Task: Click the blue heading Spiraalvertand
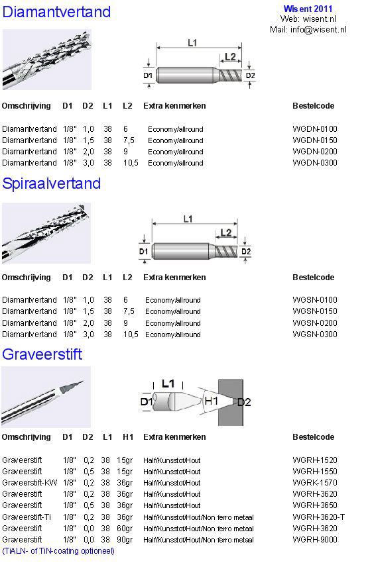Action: coord(52,183)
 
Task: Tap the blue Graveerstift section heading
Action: coord(42,354)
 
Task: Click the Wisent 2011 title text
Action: coord(308,9)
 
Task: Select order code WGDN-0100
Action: coord(315,129)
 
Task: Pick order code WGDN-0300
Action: coord(315,163)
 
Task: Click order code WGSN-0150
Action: coord(315,311)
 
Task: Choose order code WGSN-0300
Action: coord(315,334)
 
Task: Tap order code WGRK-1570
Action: coord(315,483)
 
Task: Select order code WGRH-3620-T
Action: coord(318,517)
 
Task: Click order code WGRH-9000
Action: coord(315,539)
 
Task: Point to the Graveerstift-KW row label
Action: coord(29,483)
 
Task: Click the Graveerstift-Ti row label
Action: coord(27,517)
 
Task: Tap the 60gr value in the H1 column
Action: coord(125,528)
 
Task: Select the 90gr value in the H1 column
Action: coord(125,539)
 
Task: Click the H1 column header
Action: coord(128,437)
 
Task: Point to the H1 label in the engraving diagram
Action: coord(211,401)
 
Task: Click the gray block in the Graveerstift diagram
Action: coord(231,403)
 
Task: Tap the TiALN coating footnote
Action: coord(58,551)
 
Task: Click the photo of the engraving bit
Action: coord(46,397)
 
